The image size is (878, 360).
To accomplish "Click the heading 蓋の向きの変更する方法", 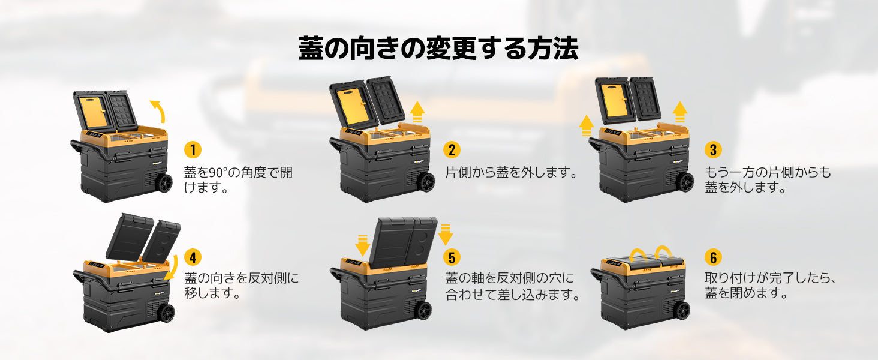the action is coord(438,48).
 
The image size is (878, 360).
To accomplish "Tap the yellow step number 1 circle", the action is coord(193,150).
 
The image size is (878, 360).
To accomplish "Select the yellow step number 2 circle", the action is coord(452,150).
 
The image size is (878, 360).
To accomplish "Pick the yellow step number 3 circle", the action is coord(713,150).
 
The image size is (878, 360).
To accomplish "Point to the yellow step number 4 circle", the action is coord(193,257).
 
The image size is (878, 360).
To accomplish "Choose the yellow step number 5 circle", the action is coord(452,257).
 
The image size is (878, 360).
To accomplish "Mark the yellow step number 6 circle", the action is coord(713,257).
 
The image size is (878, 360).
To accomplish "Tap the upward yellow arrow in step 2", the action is coord(418,112).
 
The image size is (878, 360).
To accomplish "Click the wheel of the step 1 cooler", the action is coord(164,183).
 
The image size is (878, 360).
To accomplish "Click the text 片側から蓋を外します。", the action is coord(511,173).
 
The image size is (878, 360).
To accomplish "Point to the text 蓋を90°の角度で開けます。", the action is coord(238,180).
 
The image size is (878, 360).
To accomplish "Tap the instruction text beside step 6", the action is coord(771,286).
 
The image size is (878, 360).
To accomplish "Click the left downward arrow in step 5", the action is coord(363,245).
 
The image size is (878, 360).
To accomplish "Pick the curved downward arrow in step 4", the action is coord(172,268).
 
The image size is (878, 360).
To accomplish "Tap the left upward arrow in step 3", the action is coord(587,125).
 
